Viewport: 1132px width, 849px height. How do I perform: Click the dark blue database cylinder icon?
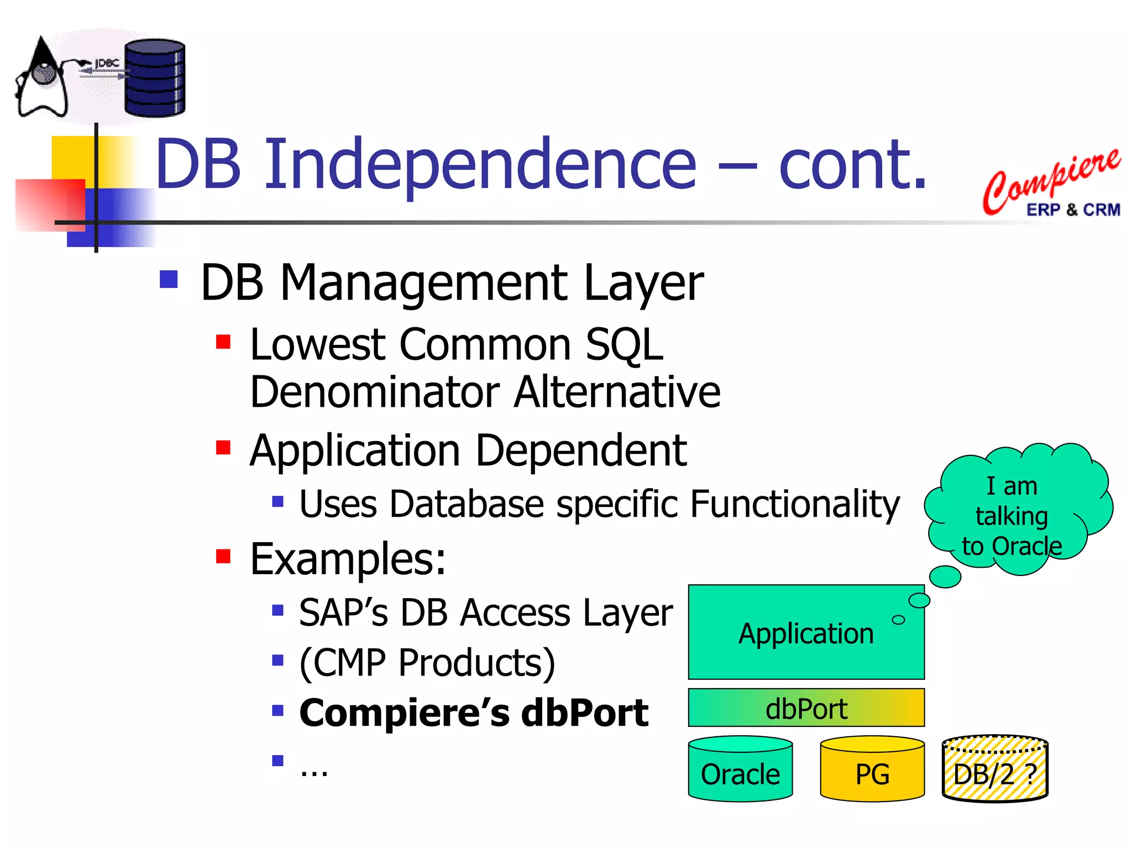click(x=154, y=78)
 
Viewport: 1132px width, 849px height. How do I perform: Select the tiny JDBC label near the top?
click(x=107, y=64)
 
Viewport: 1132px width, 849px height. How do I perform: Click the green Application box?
click(x=805, y=632)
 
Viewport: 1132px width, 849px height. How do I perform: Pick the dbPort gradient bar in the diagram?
click(x=805, y=708)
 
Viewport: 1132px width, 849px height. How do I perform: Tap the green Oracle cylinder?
click(x=740, y=770)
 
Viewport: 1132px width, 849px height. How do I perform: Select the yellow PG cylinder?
click(x=872, y=770)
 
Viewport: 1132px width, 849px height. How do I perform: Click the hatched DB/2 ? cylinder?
click(x=994, y=770)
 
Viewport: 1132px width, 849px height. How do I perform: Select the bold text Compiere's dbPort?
click(x=473, y=713)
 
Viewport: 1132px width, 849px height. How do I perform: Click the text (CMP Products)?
click(x=427, y=662)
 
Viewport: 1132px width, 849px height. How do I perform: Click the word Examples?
click(x=348, y=559)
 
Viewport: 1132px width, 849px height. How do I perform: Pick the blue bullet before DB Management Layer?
click(x=168, y=279)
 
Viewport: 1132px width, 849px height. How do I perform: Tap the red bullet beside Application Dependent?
click(x=223, y=447)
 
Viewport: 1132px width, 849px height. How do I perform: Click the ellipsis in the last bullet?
click(x=313, y=770)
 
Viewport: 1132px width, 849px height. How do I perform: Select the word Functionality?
click(x=794, y=504)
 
